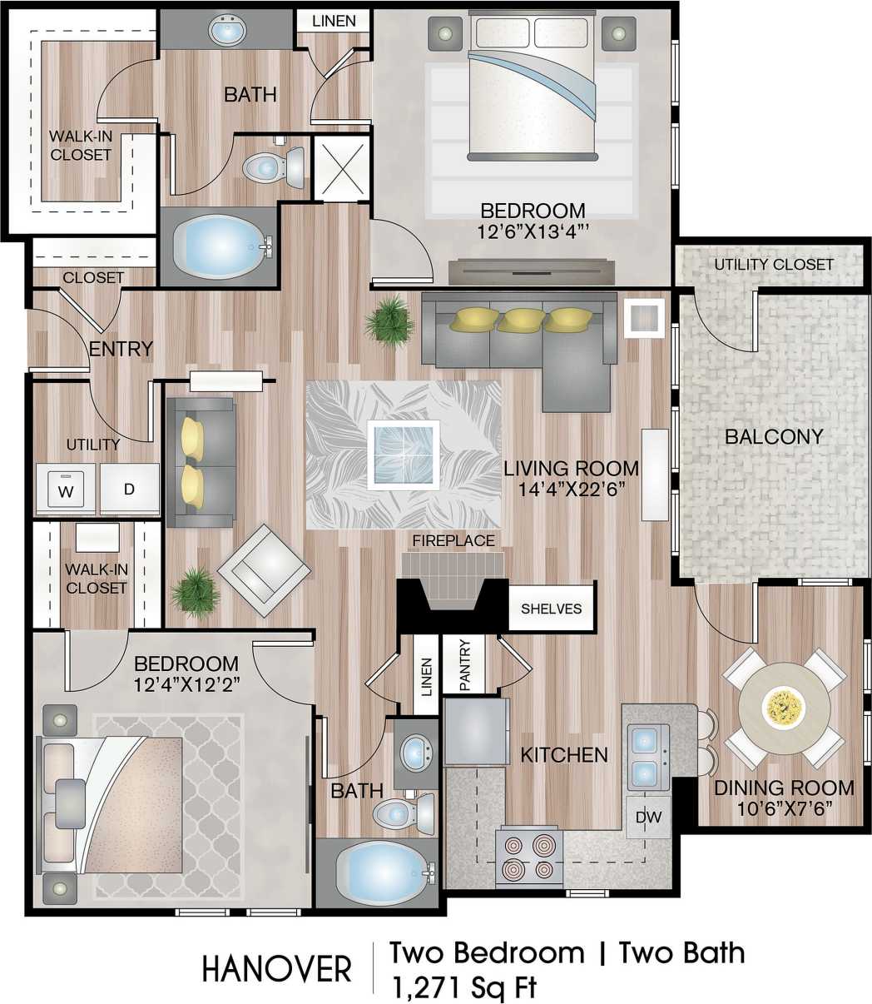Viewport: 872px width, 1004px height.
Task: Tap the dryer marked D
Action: pos(129,489)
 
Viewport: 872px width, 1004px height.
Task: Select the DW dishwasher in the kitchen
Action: pos(648,818)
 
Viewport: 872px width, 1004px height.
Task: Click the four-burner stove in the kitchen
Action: pos(529,857)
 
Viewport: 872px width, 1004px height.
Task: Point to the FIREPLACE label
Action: pos(453,541)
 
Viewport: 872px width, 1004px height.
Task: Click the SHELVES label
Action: pos(551,609)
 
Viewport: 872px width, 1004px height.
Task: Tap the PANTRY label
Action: pos(464,664)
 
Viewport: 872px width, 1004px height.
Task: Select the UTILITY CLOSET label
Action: pos(773,265)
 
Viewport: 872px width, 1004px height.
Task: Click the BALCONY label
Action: pos(773,436)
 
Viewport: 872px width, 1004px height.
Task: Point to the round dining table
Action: pos(784,708)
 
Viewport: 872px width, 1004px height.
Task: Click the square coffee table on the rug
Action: pos(404,454)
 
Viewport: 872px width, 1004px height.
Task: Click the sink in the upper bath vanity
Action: pos(226,32)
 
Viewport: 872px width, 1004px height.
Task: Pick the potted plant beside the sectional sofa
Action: pos(389,320)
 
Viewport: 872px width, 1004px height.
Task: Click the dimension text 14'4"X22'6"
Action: pos(572,491)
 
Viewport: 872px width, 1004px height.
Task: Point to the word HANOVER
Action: pos(277,970)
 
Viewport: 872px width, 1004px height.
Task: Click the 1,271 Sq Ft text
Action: pos(463,987)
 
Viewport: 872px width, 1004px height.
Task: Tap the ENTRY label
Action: pos(121,349)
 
